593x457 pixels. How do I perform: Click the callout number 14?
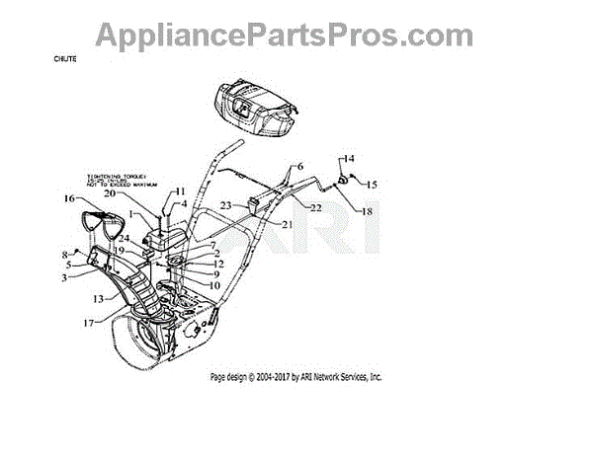coord(348,158)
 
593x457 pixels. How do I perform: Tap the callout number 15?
coord(372,185)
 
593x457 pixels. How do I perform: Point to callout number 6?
coord(300,167)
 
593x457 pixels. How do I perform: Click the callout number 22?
coord(315,207)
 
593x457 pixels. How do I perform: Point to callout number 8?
coord(68,253)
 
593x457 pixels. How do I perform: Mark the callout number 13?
coord(98,297)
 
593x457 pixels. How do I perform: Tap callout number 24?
coord(125,239)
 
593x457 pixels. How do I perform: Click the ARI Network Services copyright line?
coord(296,377)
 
